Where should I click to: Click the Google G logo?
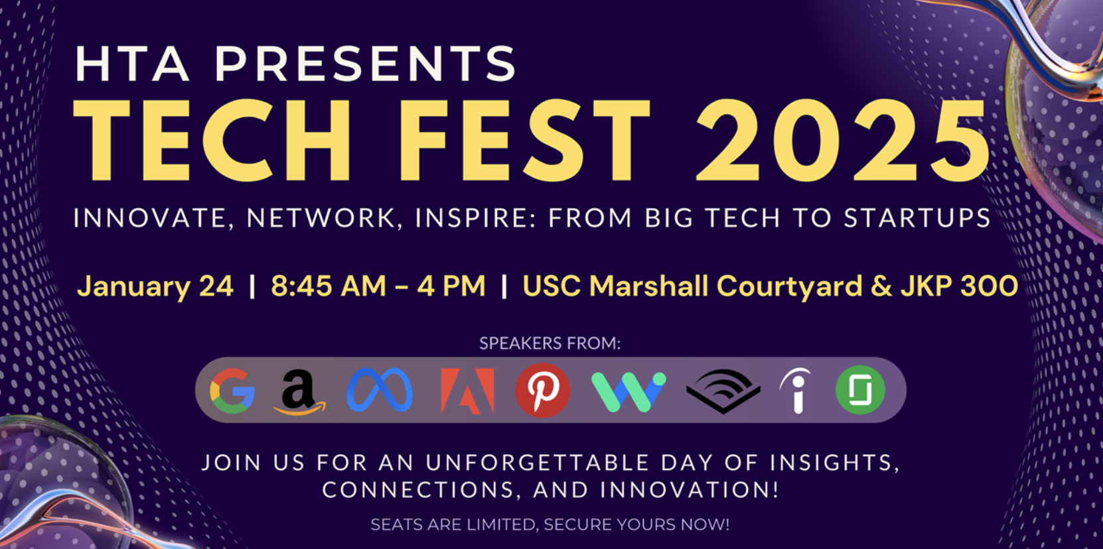pos(232,391)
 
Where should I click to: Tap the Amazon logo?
pos(299,391)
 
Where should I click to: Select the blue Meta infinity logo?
pos(380,391)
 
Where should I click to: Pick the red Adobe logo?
pos(467,391)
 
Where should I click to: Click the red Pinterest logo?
pos(543,391)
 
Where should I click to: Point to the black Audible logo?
pos(723,391)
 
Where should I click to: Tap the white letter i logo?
pos(796,391)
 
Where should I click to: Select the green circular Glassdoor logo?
pos(860,391)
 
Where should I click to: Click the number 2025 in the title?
pos(843,141)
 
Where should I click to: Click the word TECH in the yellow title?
pos(212,141)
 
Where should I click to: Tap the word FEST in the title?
pos(524,141)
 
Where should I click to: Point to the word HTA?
pos(132,64)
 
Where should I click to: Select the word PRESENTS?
pos(365,64)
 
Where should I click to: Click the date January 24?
pos(155,286)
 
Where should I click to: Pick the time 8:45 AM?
pos(329,286)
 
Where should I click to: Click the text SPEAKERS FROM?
pos(550,343)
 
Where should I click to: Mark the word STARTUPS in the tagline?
pos(917,218)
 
